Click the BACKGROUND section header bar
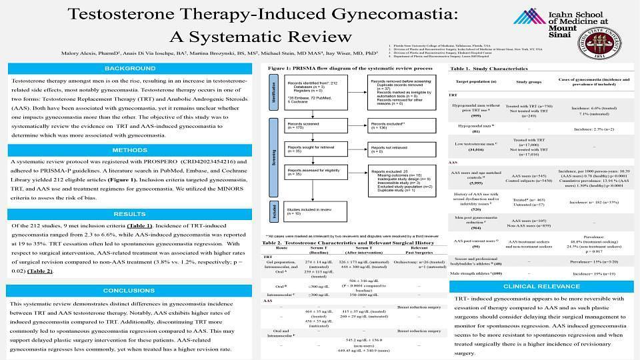(129, 69)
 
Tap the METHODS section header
(129, 150)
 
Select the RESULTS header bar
(129, 214)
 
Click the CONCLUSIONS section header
(129, 291)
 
